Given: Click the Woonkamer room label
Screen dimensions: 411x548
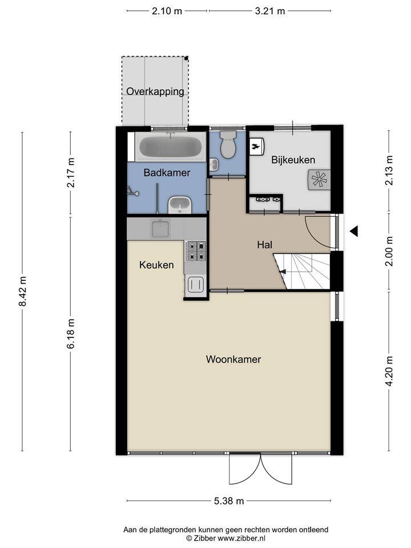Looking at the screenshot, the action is (x=233, y=359).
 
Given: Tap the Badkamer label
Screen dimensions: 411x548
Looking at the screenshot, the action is (x=167, y=172).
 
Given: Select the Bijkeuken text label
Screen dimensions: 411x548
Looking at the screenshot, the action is (x=293, y=160).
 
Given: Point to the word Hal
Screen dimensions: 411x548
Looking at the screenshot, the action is (x=264, y=245).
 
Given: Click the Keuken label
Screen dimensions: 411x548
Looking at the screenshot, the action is (x=156, y=265).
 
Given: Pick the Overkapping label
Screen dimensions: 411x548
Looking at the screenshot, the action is (x=155, y=91).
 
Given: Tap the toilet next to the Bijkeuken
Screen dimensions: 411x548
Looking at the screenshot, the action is (x=228, y=144).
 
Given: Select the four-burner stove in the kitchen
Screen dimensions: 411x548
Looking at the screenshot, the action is (x=196, y=251).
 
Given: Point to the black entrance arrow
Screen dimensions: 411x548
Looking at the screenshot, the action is (x=354, y=231).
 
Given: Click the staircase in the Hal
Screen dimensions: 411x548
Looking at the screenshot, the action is (x=302, y=272).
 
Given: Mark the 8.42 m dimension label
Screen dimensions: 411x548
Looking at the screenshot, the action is (x=22, y=291).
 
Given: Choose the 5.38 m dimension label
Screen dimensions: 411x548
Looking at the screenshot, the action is (x=229, y=501).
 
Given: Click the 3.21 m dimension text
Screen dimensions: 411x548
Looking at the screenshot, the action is (x=270, y=11).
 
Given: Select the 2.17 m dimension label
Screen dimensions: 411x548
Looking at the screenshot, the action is (x=71, y=172).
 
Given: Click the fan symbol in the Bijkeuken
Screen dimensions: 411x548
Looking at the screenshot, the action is (x=319, y=180).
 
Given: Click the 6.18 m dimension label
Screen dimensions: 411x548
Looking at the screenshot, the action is (x=71, y=333).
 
